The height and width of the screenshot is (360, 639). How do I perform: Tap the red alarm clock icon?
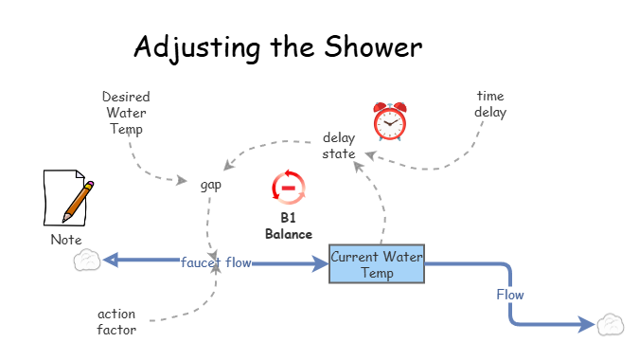tap(388, 121)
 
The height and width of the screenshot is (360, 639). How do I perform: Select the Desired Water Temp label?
tap(126, 113)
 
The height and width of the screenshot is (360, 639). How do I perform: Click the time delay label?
tap(491, 103)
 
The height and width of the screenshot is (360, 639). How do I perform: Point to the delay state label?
tap(338, 145)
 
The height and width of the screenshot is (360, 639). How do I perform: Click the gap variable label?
tap(210, 185)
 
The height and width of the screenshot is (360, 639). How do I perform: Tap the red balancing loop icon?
tap(288, 187)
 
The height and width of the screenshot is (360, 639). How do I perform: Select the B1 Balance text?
tap(288, 225)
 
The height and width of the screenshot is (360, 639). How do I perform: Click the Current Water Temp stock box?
tap(377, 264)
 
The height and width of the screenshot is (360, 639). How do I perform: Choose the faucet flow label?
tap(216, 262)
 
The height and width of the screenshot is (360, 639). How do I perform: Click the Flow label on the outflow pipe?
tap(509, 295)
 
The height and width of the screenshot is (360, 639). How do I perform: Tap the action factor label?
tap(116, 321)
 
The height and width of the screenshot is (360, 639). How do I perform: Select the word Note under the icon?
tap(66, 240)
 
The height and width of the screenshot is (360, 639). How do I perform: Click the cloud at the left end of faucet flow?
tap(87, 260)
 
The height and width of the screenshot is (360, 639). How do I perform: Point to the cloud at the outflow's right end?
tap(610, 325)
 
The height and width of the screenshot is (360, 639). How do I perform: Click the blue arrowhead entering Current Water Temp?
tap(318, 262)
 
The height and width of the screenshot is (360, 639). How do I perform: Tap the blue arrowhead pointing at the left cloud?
tap(111, 260)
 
